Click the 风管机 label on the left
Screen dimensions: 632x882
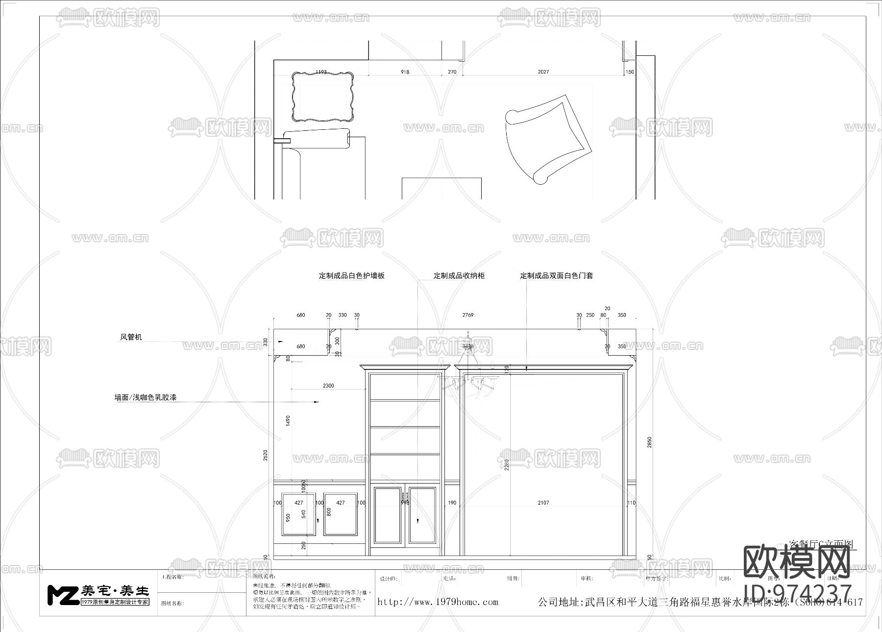point(131,337)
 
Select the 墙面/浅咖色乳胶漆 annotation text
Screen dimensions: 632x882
point(145,398)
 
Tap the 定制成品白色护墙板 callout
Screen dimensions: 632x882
point(351,276)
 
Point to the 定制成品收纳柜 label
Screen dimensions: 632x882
point(459,276)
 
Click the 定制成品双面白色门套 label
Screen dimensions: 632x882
point(556,276)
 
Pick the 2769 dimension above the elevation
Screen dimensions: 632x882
point(468,315)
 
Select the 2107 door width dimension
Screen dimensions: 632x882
point(543,503)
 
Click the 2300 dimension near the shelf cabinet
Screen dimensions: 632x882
point(328,386)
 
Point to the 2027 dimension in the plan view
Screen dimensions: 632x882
point(543,72)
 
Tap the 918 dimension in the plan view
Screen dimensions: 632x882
point(405,72)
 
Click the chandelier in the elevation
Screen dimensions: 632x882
point(469,377)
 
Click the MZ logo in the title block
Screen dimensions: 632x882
point(63,594)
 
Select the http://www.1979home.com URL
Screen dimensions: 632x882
point(438,602)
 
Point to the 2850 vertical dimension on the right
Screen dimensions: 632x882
point(650,442)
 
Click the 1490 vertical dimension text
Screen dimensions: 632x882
point(288,420)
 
